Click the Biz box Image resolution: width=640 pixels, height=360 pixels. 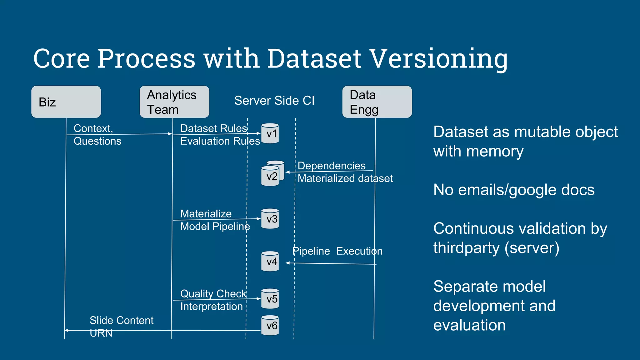pyautogui.click(x=66, y=102)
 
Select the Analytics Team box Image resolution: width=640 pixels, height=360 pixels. pyautogui.click(x=174, y=102)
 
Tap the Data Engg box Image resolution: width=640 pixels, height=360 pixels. pyautogui.click(x=377, y=102)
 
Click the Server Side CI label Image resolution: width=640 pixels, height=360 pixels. pyautogui.click(x=274, y=101)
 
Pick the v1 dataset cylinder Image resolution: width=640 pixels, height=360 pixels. pyautogui.click(x=270, y=134)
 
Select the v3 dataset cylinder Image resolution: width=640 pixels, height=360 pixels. pyautogui.click(x=270, y=219)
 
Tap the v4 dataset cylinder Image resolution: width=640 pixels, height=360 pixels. pyautogui.click(x=270, y=262)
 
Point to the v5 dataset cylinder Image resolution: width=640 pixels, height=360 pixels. pyautogui.click(x=270, y=299)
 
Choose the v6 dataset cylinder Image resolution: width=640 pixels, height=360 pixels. pyautogui.click(x=270, y=326)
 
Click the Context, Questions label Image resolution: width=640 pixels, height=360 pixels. pyautogui.click(x=97, y=135)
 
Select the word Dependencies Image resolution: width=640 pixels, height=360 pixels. pyautogui.click(x=331, y=166)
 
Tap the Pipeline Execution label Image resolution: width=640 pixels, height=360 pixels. pyautogui.click(x=337, y=251)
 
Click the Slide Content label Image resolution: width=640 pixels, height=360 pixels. pyautogui.click(x=121, y=320)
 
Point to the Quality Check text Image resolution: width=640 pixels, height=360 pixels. pyautogui.click(x=213, y=294)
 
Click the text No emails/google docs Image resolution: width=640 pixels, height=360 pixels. pyautogui.click(x=513, y=190)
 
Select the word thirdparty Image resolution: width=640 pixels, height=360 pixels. pyautogui.click(x=466, y=248)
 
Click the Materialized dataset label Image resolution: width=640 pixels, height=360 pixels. pyautogui.click(x=345, y=178)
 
